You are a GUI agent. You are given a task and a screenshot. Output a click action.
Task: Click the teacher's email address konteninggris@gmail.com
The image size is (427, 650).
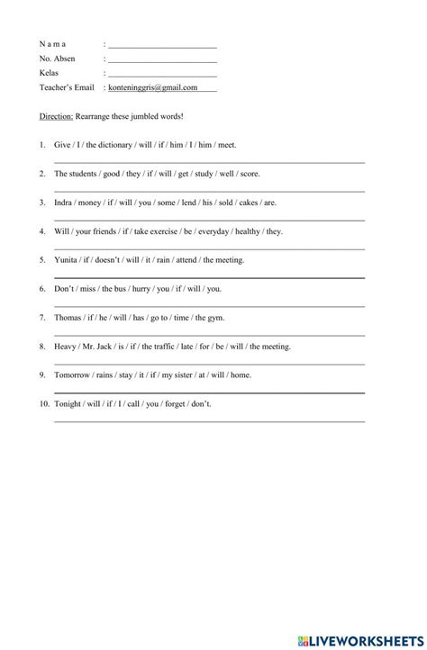(152, 88)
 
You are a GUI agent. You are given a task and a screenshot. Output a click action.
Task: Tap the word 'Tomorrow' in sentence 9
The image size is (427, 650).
(73, 375)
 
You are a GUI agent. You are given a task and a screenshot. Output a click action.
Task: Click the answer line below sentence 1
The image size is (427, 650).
(209, 161)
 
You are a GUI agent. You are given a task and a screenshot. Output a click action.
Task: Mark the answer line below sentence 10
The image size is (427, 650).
(209, 420)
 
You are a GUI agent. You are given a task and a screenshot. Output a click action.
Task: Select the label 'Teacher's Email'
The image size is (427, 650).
(67, 88)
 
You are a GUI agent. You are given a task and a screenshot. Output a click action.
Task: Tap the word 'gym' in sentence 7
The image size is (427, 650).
(215, 318)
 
